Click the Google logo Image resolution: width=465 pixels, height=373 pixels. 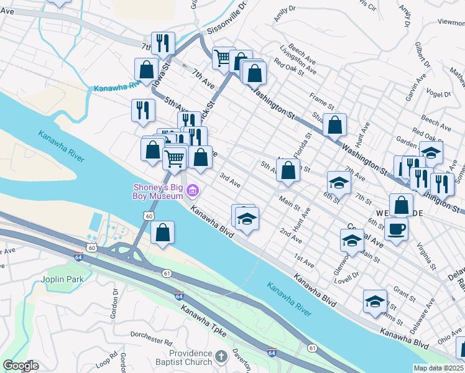(x=21, y=366)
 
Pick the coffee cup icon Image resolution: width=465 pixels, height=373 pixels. (x=396, y=229)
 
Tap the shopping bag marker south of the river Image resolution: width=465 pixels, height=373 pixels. (x=162, y=233)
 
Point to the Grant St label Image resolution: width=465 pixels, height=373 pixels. (x=404, y=292)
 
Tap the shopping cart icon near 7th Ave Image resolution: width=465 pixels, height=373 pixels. (x=223, y=59)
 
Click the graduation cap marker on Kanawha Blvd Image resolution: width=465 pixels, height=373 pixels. (x=247, y=219)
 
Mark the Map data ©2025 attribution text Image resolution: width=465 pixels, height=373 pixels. (x=439, y=368)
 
